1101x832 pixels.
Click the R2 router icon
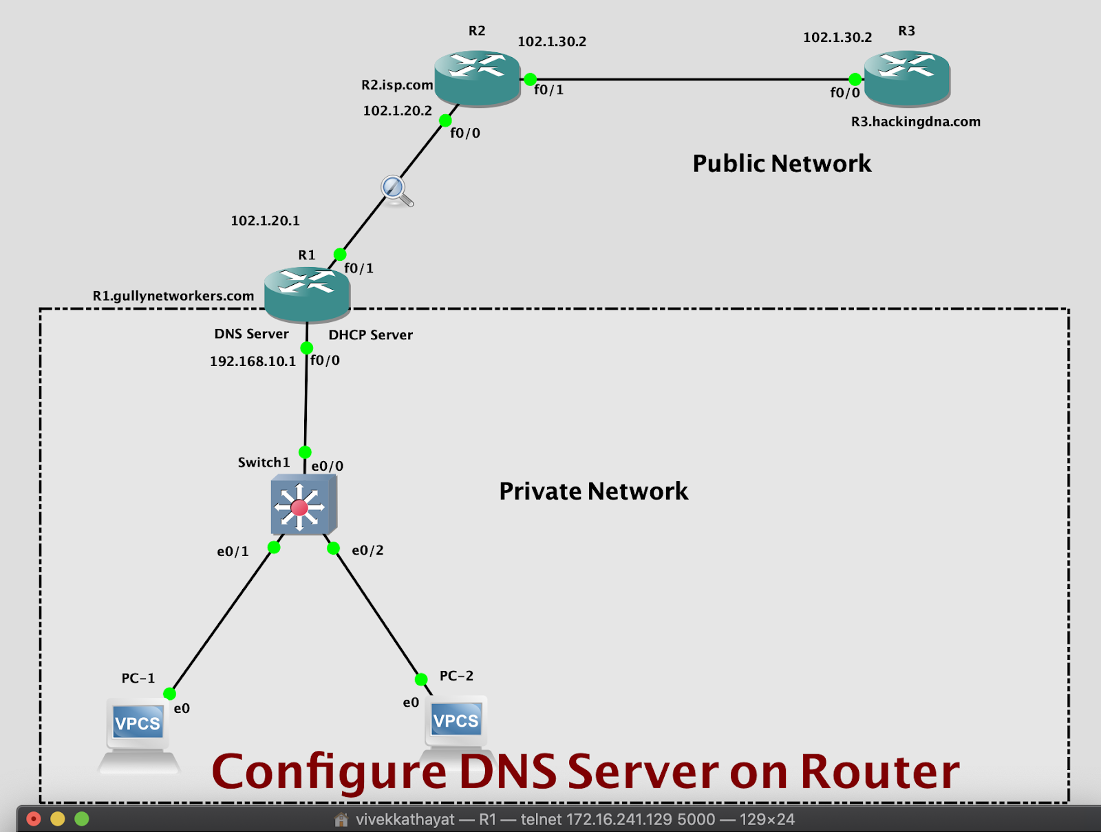tap(477, 77)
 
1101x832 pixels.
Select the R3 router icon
tap(907, 77)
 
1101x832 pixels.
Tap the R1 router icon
tap(307, 293)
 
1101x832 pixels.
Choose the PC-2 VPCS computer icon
tap(456, 726)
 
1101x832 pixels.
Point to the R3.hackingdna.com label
tap(915, 122)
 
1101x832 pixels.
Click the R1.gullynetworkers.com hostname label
tap(173, 296)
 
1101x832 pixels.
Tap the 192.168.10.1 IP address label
tap(253, 361)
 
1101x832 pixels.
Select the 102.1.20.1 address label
tap(265, 221)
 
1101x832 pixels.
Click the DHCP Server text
tap(370, 335)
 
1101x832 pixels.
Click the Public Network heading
tap(782, 164)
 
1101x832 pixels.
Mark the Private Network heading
tap(593, 491)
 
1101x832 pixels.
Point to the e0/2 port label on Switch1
tap(367, 551)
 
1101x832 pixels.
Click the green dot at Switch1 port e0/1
tap(274, 548)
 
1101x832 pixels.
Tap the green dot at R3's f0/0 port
tap(855, 79)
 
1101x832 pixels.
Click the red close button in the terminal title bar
tap(34, 819)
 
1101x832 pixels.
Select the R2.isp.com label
tap(397, 85)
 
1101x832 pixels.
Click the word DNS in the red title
tap(508, 772)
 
